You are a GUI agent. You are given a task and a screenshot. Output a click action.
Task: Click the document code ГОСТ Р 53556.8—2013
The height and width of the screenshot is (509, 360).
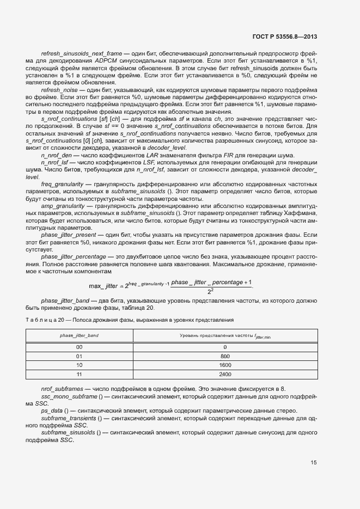[x=285, y=37]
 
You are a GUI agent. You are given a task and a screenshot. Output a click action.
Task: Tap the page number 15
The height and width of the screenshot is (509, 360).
[x=314, y=463]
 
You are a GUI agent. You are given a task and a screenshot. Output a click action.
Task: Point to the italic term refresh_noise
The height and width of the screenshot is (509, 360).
[x=58, y=89]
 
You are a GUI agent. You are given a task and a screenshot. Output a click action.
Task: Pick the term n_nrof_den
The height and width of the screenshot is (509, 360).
[x=57, y=155]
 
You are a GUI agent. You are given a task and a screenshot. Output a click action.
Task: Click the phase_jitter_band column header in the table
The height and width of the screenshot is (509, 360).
[x=80, y=336]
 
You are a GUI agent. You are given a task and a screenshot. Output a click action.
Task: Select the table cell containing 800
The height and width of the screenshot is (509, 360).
[x=225, y=355]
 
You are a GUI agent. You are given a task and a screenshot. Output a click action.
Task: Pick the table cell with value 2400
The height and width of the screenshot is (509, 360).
[x=225, y=375]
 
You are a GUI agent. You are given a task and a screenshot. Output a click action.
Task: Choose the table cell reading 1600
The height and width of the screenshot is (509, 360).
[x=225, y=365]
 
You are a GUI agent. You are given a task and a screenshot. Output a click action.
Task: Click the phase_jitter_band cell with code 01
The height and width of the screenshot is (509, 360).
[x=80, y=355]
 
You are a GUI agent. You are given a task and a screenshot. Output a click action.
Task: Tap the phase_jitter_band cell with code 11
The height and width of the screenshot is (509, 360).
[x=80, y=375]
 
